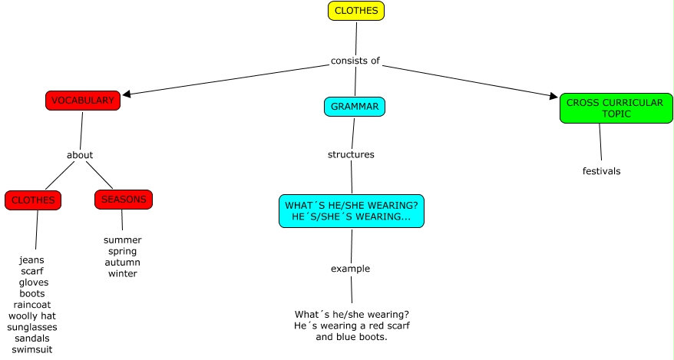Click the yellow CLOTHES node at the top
point(355,11)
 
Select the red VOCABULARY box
point(82,101)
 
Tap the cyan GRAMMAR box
point(354,107)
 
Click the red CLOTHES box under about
point(33,200)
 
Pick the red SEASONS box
point(124,200)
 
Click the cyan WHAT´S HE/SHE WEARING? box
point(352,211)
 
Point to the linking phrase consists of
point(355,61)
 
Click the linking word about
point(80,155)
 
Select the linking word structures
point(351,154)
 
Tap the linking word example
point(350,269)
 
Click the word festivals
point(601,171)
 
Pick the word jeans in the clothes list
point(31,260)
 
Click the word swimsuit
point(32,349)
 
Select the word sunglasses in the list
point(32,327)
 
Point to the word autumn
point(123,263)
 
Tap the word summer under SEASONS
point(123,240)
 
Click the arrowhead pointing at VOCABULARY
point(127,94)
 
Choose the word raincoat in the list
point(32,305)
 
